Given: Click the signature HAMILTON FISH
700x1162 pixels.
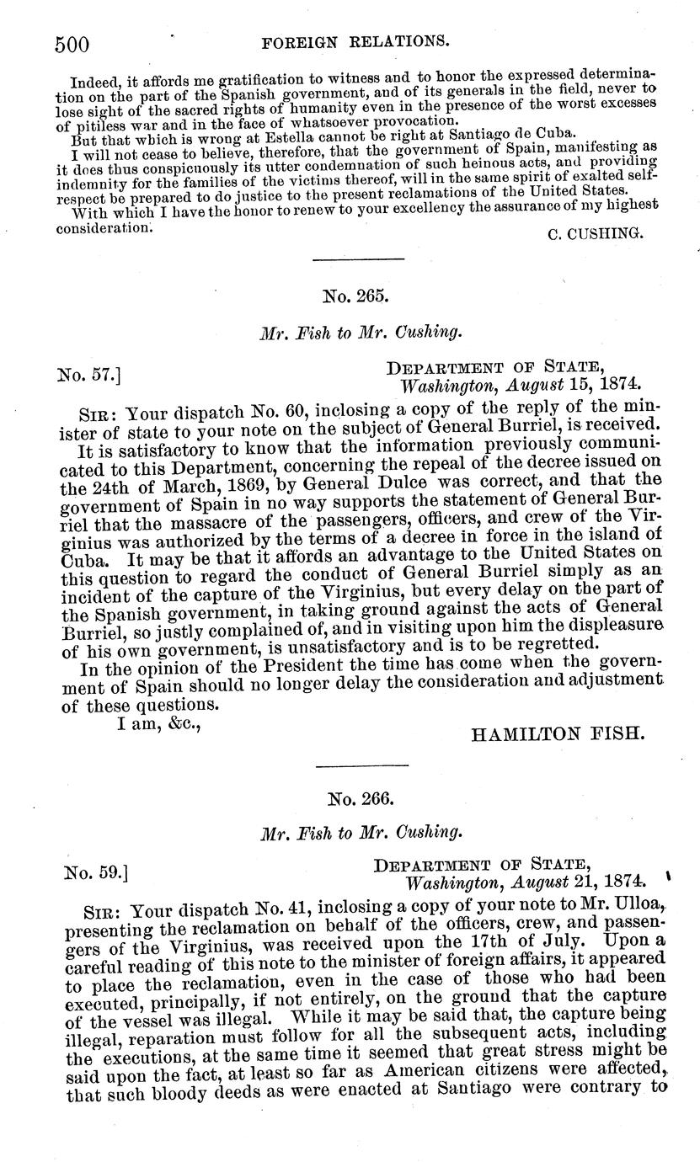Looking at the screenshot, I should click(558, 734).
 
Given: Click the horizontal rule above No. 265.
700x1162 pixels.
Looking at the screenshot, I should click(346, 259).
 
